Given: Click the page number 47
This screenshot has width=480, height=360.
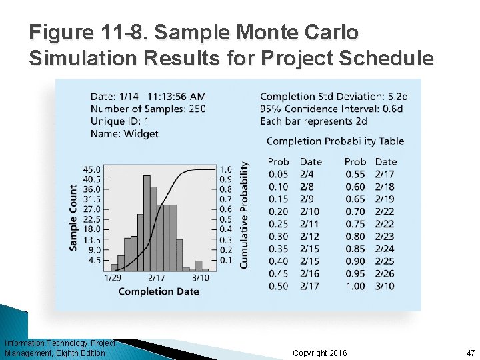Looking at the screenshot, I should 471,353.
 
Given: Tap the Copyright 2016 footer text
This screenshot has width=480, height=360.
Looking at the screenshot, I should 319,353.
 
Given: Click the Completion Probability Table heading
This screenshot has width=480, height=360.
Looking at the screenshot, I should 335,141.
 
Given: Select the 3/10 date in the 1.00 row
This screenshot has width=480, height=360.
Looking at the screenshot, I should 385,286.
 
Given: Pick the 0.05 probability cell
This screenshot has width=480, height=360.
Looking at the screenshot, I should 278,174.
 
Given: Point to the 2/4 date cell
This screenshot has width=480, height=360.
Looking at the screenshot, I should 307,174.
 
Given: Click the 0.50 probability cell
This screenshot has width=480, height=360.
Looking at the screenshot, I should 278,286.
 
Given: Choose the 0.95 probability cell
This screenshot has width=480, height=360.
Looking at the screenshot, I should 355,273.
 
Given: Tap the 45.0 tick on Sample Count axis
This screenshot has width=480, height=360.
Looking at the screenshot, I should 92,169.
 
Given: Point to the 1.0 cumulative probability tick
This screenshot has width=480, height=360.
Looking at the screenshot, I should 226,169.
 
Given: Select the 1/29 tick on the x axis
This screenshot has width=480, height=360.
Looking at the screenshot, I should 113,277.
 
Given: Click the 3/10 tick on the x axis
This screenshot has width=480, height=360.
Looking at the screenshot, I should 200,277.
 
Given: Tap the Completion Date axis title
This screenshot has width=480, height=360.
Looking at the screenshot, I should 159,291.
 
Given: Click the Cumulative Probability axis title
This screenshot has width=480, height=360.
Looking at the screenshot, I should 244,215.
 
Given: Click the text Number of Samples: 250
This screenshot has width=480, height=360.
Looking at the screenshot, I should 148,109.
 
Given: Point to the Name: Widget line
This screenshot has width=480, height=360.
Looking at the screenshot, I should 124,133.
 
